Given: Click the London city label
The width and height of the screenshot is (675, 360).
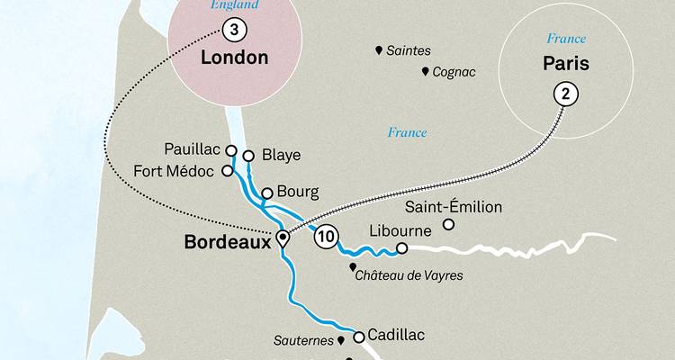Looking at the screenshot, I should pyautogui.click(x=232, y=58).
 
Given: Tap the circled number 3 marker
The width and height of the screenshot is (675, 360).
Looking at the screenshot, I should pyautogui.click(x=234, y=31).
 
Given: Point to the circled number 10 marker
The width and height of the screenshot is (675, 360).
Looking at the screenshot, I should pyautogui.click(x=327, y=238).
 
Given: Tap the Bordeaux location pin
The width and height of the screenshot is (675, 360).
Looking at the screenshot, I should pyautogui.click(x=283, y=238).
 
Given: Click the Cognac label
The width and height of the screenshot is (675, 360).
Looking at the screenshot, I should pyautogui.click(x=453, y=72).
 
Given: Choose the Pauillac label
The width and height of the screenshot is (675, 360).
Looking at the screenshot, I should pyautogui.click(x=193, y=148).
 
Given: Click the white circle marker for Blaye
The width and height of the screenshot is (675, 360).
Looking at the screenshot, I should pyautogui.click(x=248, y=155).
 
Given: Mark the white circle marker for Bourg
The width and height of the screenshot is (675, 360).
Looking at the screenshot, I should pyautogui.click(x=266, y=193).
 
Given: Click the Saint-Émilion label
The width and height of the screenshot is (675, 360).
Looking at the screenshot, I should pyautogui.click(x=459, y=207).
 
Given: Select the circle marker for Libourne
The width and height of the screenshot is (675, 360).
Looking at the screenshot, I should pyautogui.click(x=402, y=247).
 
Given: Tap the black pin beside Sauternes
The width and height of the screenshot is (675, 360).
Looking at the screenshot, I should pyautogui.click(x=341, y=341).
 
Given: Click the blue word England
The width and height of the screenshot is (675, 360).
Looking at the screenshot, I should pyautogui.click(x=234, y=5).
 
